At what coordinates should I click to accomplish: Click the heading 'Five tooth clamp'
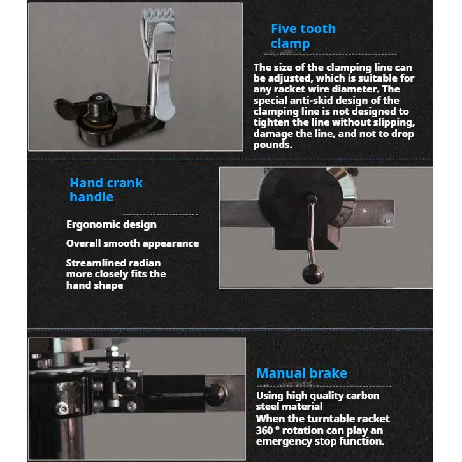[x=303, y=36]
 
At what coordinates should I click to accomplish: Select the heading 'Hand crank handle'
[x=106, y=190]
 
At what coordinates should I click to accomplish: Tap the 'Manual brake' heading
[x=301, y=373]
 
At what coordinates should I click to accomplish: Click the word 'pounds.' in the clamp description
[x=273, y=145]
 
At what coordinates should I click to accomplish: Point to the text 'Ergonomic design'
[x=112, y=224]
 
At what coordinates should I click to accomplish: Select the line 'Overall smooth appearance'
[x=133, y=243]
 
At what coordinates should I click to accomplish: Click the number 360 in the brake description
[x=264, y=430]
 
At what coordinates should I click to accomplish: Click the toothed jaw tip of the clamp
[x=158, y=14]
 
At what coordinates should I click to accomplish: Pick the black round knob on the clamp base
[x=99, y=106]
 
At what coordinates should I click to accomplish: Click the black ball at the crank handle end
[x=314, y=274]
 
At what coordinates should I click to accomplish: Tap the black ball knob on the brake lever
[x=216, y=394]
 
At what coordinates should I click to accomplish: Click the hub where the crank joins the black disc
[x=310, y=198]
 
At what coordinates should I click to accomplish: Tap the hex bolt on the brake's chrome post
[x=62, y=408]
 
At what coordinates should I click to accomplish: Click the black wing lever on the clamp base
[x=65, y=106]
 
